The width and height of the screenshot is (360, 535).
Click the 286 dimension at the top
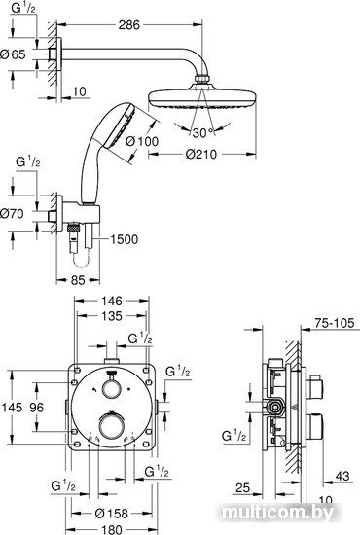[129, 25]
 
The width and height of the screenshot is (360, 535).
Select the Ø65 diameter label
[13, 54]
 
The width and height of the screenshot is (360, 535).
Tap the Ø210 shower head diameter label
[201, 155]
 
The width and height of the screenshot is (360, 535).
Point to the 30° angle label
[202, 132]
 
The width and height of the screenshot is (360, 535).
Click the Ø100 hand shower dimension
[142, 141]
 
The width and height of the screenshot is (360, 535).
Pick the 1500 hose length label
[124, 239]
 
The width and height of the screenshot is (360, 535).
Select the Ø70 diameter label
[12, 214]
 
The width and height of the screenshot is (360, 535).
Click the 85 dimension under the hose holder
[78, 280]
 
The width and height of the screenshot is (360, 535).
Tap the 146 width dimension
[112, 301]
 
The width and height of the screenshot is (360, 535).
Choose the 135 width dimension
[112, 316]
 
